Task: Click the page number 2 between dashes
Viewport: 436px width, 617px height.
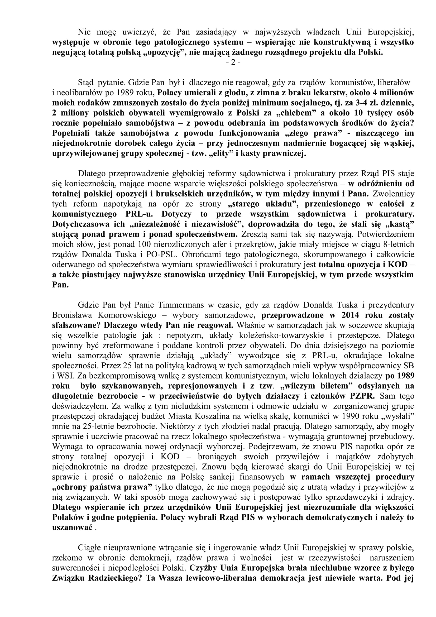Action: click(233, 63)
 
